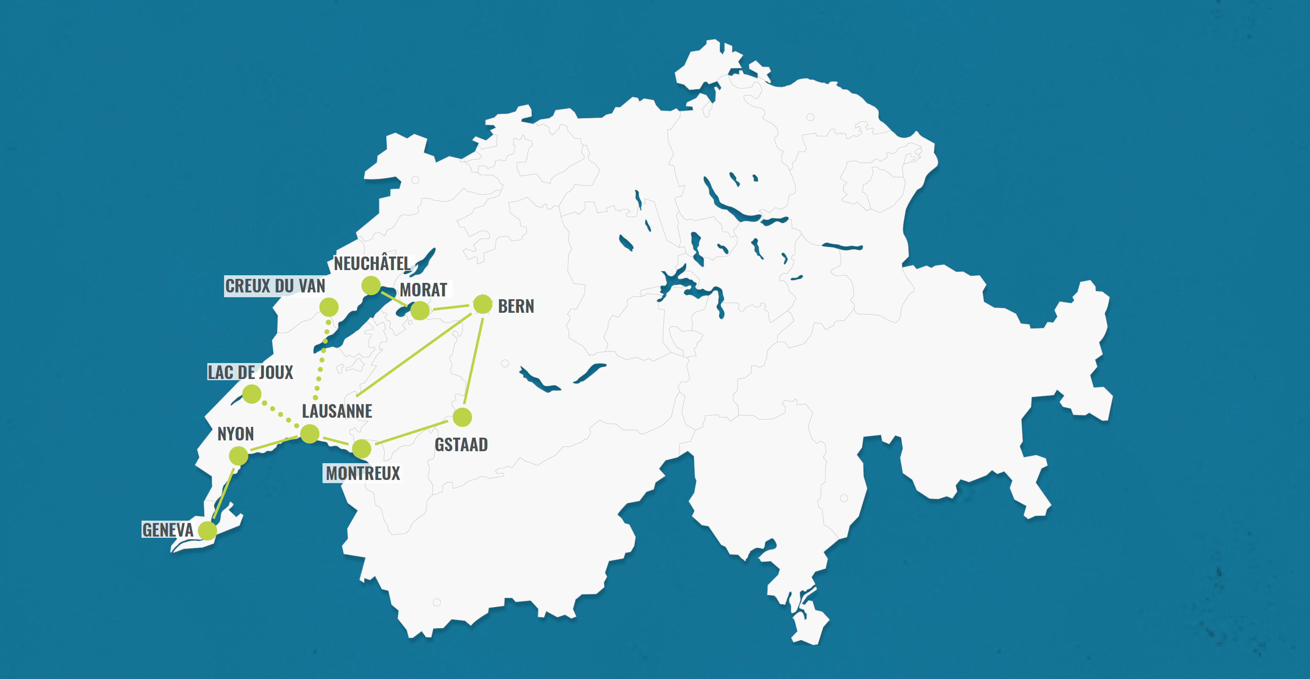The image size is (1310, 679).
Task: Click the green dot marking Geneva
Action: (x=207, y=530)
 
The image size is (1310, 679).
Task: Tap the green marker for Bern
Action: (x=483, y=304)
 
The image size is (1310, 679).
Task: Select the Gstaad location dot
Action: (x=462, y=417)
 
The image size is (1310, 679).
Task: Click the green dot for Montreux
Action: (x=362, y=449)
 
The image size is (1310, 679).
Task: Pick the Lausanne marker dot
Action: (x=310, y=434)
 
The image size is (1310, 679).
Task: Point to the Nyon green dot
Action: (x=238, y=456)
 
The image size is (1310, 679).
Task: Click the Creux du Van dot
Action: (x=329, y=307)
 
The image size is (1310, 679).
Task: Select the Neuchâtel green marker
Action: (x=371, y=286)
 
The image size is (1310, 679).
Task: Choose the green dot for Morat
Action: (x=419, y=310)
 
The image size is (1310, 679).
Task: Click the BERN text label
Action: (x=515, y=306)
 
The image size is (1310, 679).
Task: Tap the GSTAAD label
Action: (x=461, y=445)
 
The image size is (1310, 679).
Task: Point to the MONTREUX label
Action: (x=363, y=474)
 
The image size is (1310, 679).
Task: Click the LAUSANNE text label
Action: (x=336, y=411)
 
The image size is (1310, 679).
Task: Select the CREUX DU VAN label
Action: (x=275, y=286)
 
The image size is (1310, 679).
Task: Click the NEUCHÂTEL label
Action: (x=372, y=264)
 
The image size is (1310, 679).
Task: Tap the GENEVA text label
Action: (x=167, y=530)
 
